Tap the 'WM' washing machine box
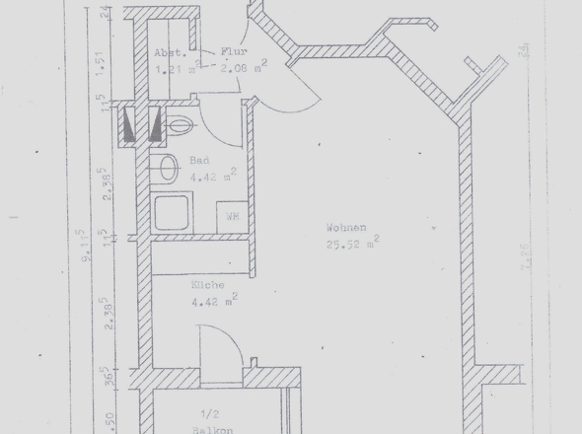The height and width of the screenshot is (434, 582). click(233, 215)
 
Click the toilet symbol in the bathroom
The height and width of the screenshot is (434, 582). click(179, 125)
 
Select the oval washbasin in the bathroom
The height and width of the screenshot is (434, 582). click(168, 168)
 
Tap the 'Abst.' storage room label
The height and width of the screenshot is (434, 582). click(166, 54)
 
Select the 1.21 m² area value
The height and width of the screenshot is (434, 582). click(176, 70)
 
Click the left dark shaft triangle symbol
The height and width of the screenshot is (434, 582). click(131, 125)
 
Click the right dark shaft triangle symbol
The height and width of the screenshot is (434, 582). click(154, 125)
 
